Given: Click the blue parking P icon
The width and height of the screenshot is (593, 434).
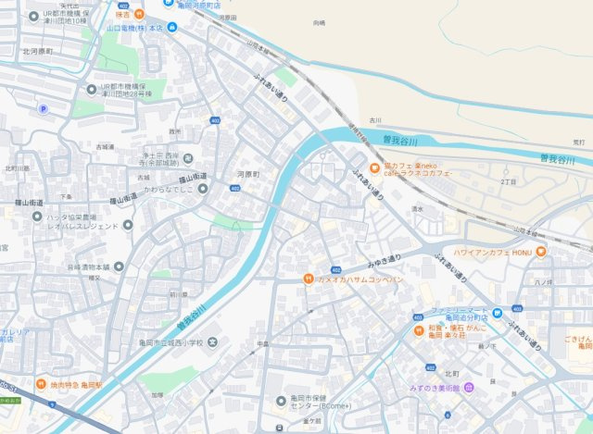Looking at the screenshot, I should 43,109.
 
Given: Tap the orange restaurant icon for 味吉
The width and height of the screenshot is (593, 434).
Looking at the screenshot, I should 138,14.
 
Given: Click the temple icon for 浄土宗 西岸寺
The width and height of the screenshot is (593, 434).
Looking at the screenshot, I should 189,158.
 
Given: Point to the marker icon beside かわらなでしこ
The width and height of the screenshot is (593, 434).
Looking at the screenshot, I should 202,188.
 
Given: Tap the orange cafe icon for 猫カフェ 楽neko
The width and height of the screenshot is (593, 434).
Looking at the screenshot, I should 375,167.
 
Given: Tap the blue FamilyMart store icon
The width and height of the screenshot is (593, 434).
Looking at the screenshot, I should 498,312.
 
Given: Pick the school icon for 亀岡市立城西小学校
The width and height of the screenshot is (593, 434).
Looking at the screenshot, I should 214,341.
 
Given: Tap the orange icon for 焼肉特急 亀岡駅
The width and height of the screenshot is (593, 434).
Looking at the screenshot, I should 42,384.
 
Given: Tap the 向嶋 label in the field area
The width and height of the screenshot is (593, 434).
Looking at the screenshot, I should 320,21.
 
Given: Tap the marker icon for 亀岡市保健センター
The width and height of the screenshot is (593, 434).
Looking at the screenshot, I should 281,400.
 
